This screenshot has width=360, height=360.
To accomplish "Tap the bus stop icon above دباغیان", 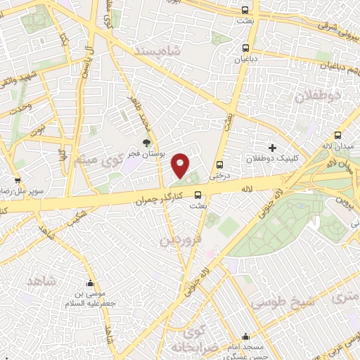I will tap(245, 49).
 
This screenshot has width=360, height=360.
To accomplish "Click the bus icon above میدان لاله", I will tap(338, 135).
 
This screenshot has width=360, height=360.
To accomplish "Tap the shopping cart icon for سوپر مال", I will tap(17, 180).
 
